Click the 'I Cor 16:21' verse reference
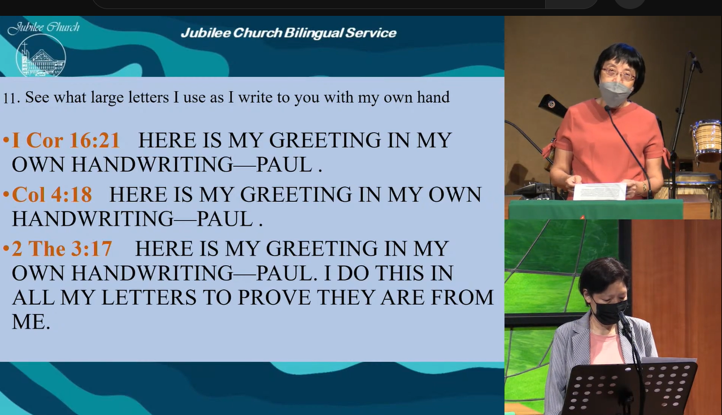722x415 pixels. pyautogui.click(x=66, y=140)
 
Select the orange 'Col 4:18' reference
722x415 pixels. pyautogui.click(x=52, y=194)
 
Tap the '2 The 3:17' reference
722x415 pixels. pyautogui.click(x=62, y=249)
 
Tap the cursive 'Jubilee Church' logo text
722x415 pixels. pyautogui.click(x=44, y=27)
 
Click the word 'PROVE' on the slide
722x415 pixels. pyautogui.click(x=274, y=297)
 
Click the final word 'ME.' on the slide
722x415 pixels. pyautogui.click(x=31, y=322)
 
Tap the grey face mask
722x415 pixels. pyautogui.click(x=616, y=93)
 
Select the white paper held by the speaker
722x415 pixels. pyautogui.click(x=599, y=191)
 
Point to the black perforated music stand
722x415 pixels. pyautogui.click(x=632, y=388)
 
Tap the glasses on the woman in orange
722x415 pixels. pyautogui.click(x=618, y=74)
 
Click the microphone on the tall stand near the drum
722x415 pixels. pyautogui.click(x=695, y=62)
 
